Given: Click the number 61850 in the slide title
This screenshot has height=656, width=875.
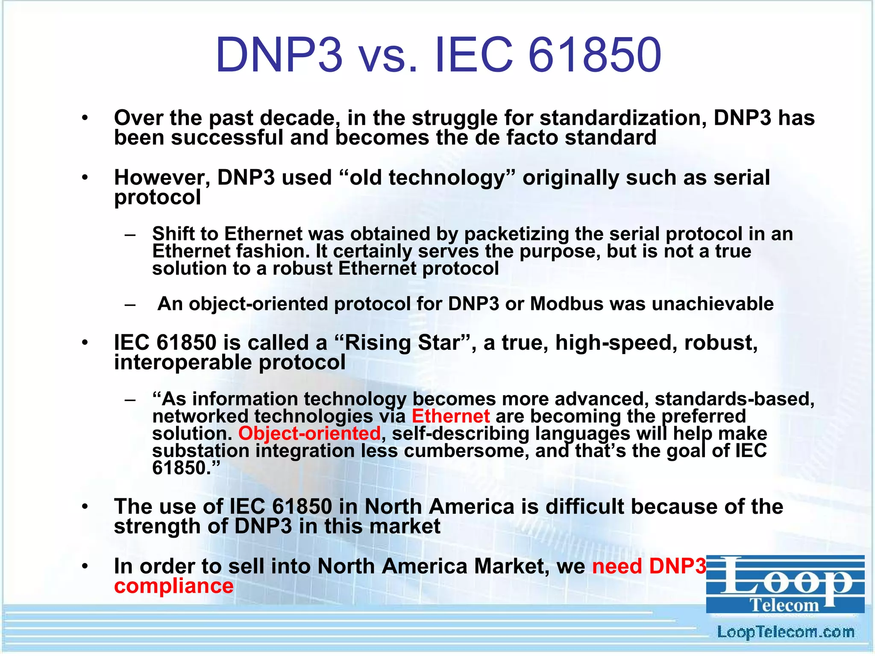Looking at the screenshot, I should coord(595,56).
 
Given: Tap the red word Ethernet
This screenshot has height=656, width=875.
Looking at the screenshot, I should coord(451,416).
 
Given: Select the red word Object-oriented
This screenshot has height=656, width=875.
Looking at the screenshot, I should coord(309,433).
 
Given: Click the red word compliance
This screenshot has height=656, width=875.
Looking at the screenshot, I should coord(174,586).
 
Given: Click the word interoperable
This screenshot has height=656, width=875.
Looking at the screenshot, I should coord(183,362).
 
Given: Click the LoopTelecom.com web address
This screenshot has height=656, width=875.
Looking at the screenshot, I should coord(785,632).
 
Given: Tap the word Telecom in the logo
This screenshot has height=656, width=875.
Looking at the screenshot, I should coord(785,605).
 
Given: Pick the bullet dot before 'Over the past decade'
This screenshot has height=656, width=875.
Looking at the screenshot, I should coord(85,118).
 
